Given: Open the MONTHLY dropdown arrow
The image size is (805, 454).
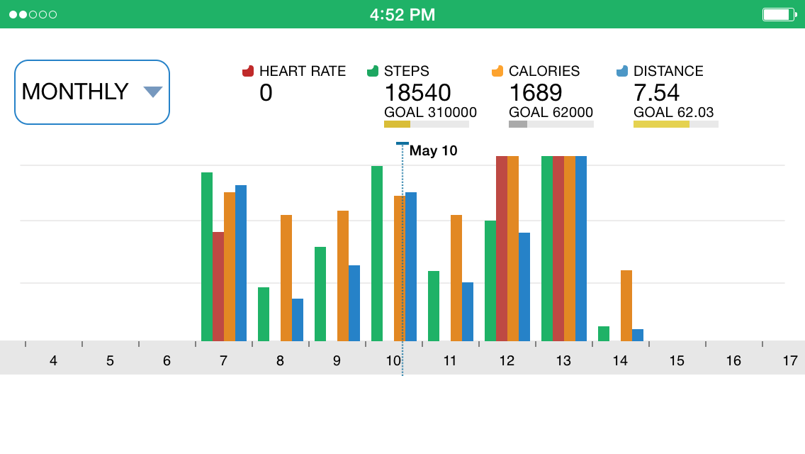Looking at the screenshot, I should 153,92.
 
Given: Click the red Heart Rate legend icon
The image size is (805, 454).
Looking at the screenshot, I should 248,71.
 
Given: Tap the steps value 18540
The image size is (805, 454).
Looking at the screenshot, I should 417,92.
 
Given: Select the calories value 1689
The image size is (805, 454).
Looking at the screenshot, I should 536,92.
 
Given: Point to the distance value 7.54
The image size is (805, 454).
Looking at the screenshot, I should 656,92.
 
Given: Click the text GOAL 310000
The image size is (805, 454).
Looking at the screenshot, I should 430,112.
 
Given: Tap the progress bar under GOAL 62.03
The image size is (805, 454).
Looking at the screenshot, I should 675,124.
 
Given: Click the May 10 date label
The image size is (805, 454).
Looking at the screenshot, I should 433,150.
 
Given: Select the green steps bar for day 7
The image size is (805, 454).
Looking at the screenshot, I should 207,256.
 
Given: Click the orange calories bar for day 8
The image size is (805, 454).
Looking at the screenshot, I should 286,277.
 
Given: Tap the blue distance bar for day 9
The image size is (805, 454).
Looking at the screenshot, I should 354,303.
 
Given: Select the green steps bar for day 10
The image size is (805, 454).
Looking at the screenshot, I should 377,253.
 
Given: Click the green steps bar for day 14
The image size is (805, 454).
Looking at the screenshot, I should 604,333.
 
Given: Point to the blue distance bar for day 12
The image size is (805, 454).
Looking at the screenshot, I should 524,287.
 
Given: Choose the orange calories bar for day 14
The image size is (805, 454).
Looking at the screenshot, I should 626,305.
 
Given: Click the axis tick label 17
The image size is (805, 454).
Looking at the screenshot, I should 790,361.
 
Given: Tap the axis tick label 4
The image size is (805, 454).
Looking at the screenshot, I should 53,361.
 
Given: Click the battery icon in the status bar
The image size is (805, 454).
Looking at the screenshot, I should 779,14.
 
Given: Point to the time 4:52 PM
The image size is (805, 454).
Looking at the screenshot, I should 402,14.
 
